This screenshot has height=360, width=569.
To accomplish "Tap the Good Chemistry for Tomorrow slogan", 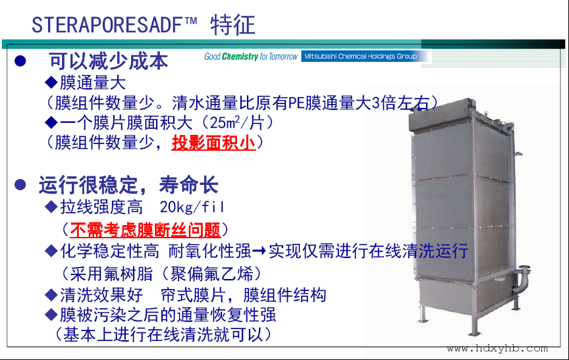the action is [251, 56].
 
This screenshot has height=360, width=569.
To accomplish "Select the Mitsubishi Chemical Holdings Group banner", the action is [361, 56].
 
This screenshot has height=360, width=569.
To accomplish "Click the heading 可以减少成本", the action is [109, 61].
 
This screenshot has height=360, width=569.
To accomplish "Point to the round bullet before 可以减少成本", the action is [20, 61].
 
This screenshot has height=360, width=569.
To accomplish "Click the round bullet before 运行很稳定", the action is [20, 184].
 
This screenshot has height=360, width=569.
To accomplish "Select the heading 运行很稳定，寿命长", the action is [128, 185].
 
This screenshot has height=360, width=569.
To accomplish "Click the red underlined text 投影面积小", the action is [214, 142].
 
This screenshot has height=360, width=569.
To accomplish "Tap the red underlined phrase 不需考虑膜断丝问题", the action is [145, 230].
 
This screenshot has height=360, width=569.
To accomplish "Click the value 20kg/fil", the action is [192, 207].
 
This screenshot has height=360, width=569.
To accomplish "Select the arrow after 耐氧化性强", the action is [259, 251].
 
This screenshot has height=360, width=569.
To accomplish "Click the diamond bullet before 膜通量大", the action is [51, 82].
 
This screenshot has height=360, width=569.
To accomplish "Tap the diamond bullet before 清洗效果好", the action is [51, 295].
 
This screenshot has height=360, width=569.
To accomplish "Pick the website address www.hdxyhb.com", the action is [497, 349].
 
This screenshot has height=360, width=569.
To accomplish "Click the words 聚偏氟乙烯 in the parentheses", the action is [211, 274].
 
